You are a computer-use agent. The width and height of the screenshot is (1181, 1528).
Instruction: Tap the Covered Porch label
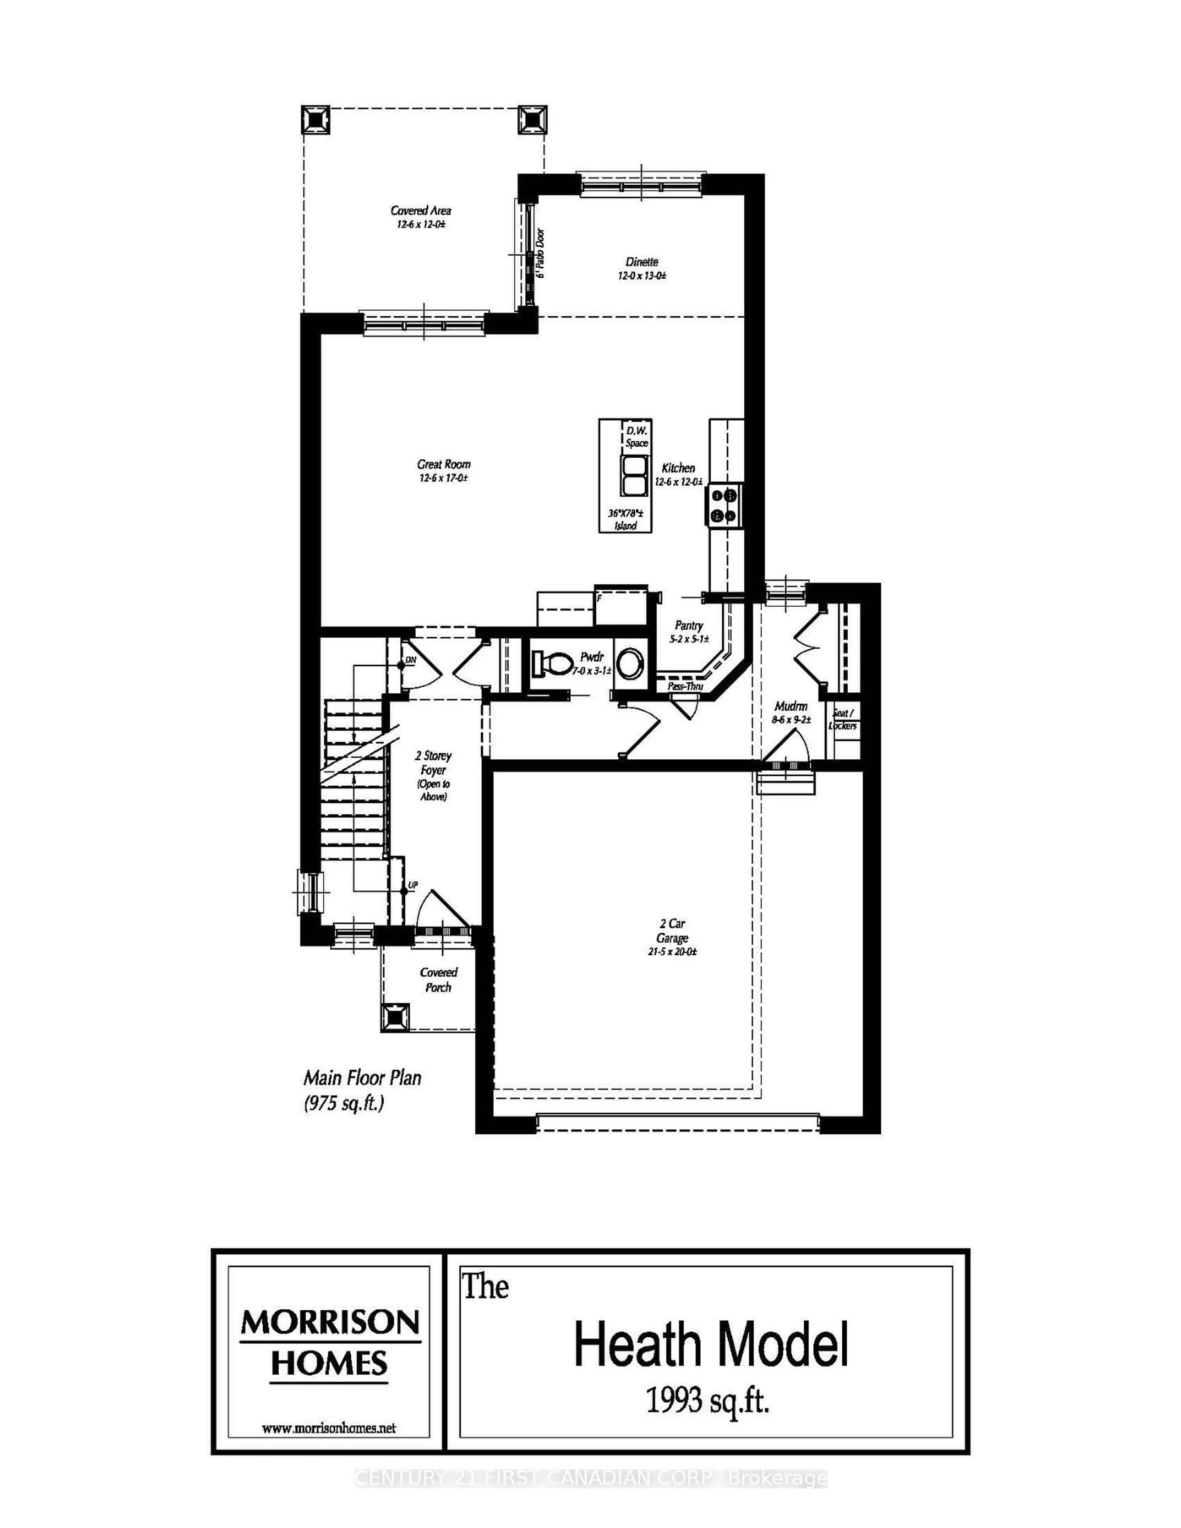tap(439, 980)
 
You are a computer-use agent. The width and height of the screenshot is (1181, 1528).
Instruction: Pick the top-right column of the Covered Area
tap(532, 120)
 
